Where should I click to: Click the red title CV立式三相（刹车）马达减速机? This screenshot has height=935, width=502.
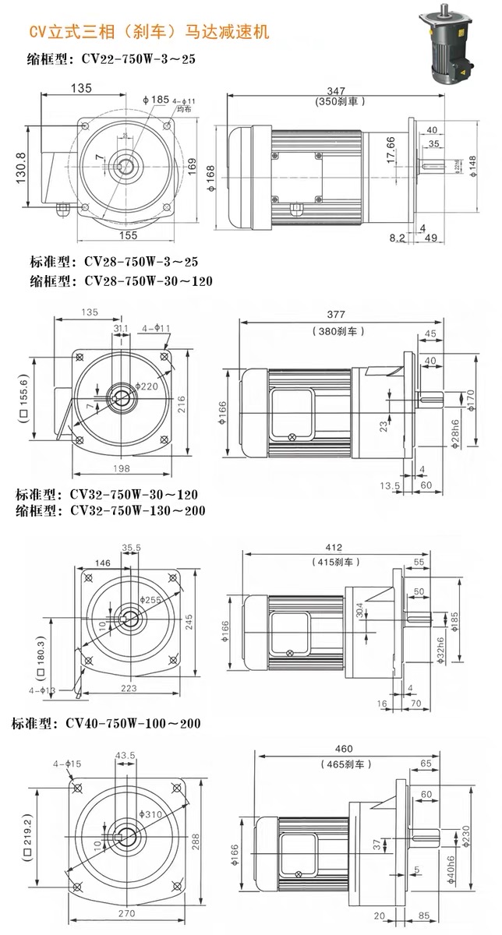(x=148, y=32)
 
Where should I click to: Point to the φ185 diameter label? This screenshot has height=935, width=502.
(x=155, y=99)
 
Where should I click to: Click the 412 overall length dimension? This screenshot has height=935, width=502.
(x=334, y=548)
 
